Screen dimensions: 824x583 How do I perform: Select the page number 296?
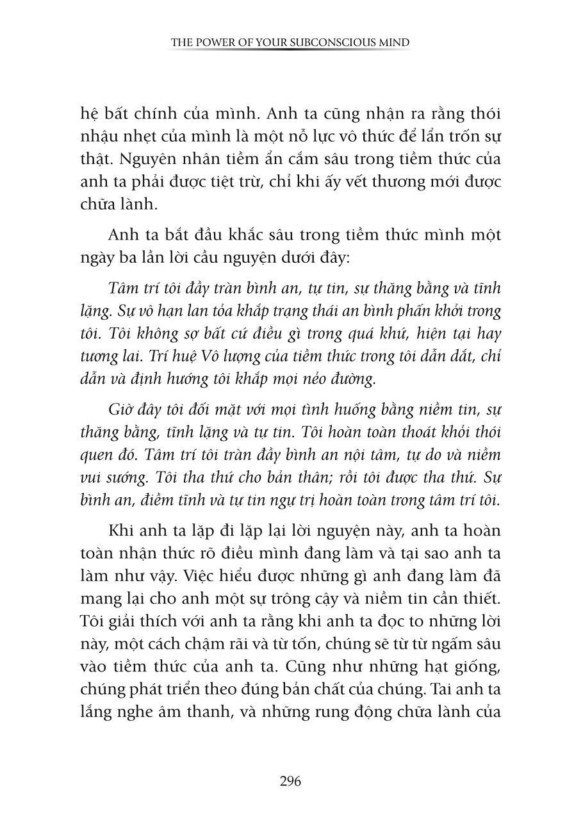click(x=290, y=782)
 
